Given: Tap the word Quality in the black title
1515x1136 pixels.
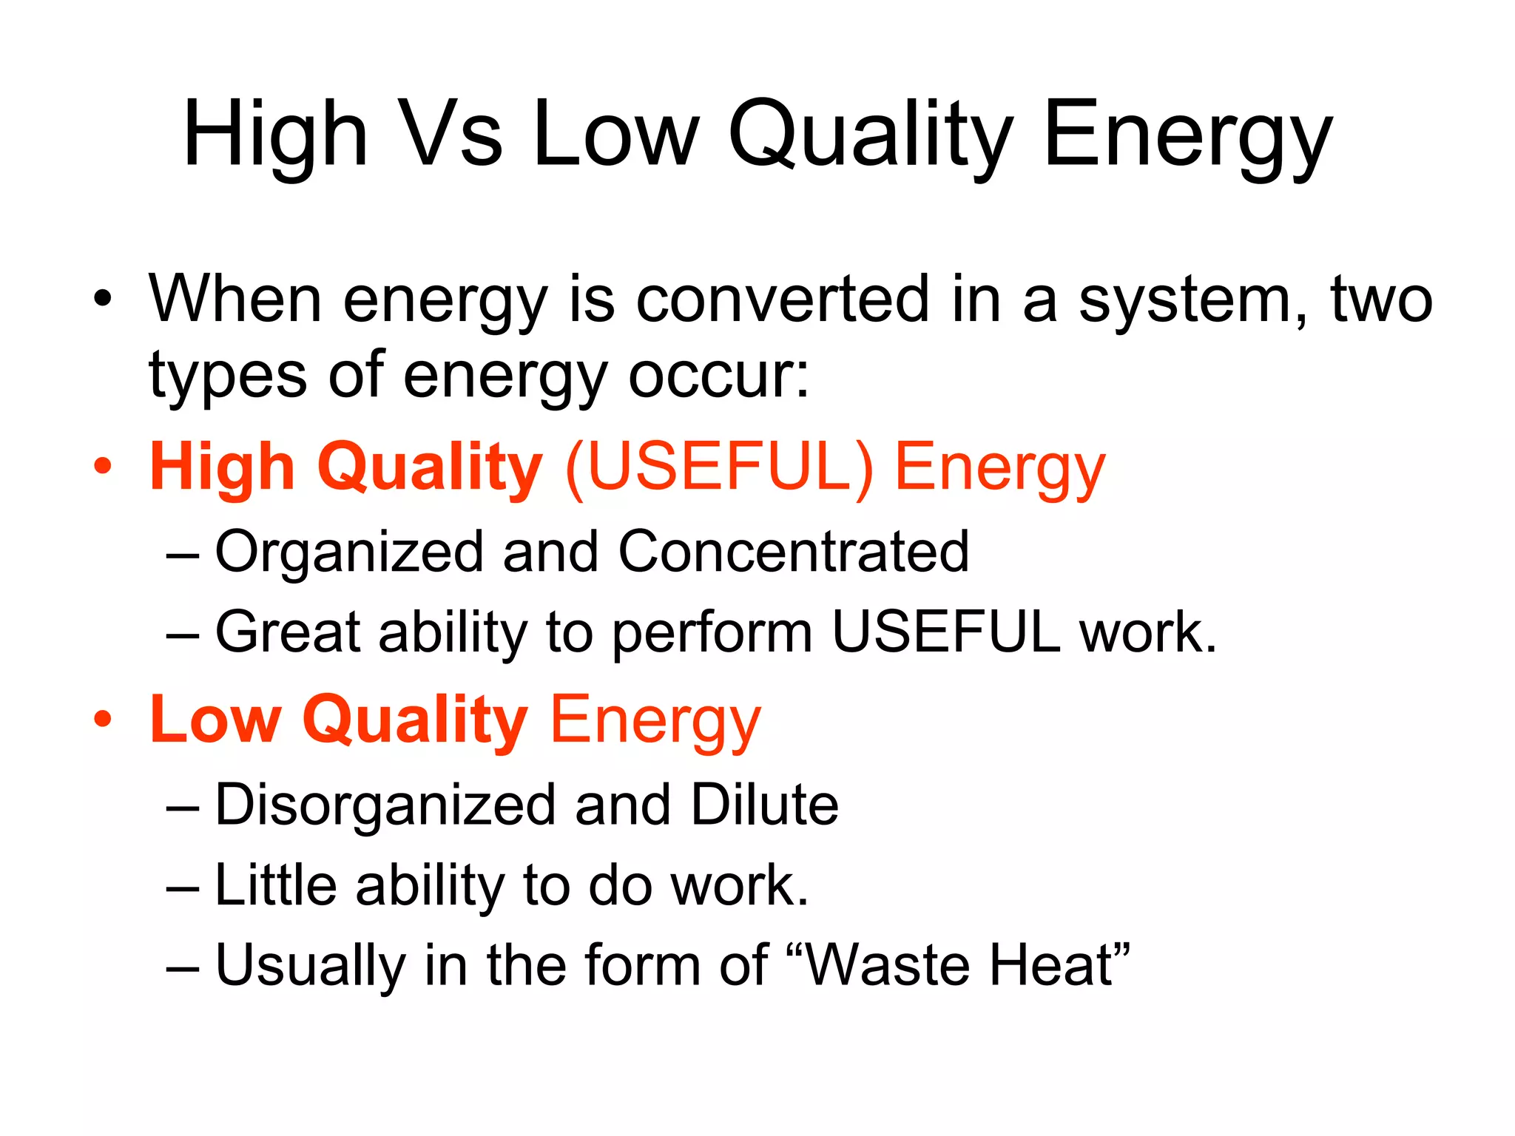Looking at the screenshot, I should [x=871, y=135].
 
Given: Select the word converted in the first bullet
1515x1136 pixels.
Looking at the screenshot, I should [x=782, y=300].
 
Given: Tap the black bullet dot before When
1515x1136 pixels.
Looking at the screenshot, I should [x=103, y=299].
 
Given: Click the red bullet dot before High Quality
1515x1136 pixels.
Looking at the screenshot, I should [x=103, y=467].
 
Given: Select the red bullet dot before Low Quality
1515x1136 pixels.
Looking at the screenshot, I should [x=103, y=719].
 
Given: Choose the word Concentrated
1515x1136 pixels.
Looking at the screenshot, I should [x=793, y=552].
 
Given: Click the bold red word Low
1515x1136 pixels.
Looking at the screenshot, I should [x=215, y=719].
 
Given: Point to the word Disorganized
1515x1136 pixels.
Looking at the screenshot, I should [x=385, y=805].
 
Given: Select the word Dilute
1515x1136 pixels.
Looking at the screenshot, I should [x=764, y=804].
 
